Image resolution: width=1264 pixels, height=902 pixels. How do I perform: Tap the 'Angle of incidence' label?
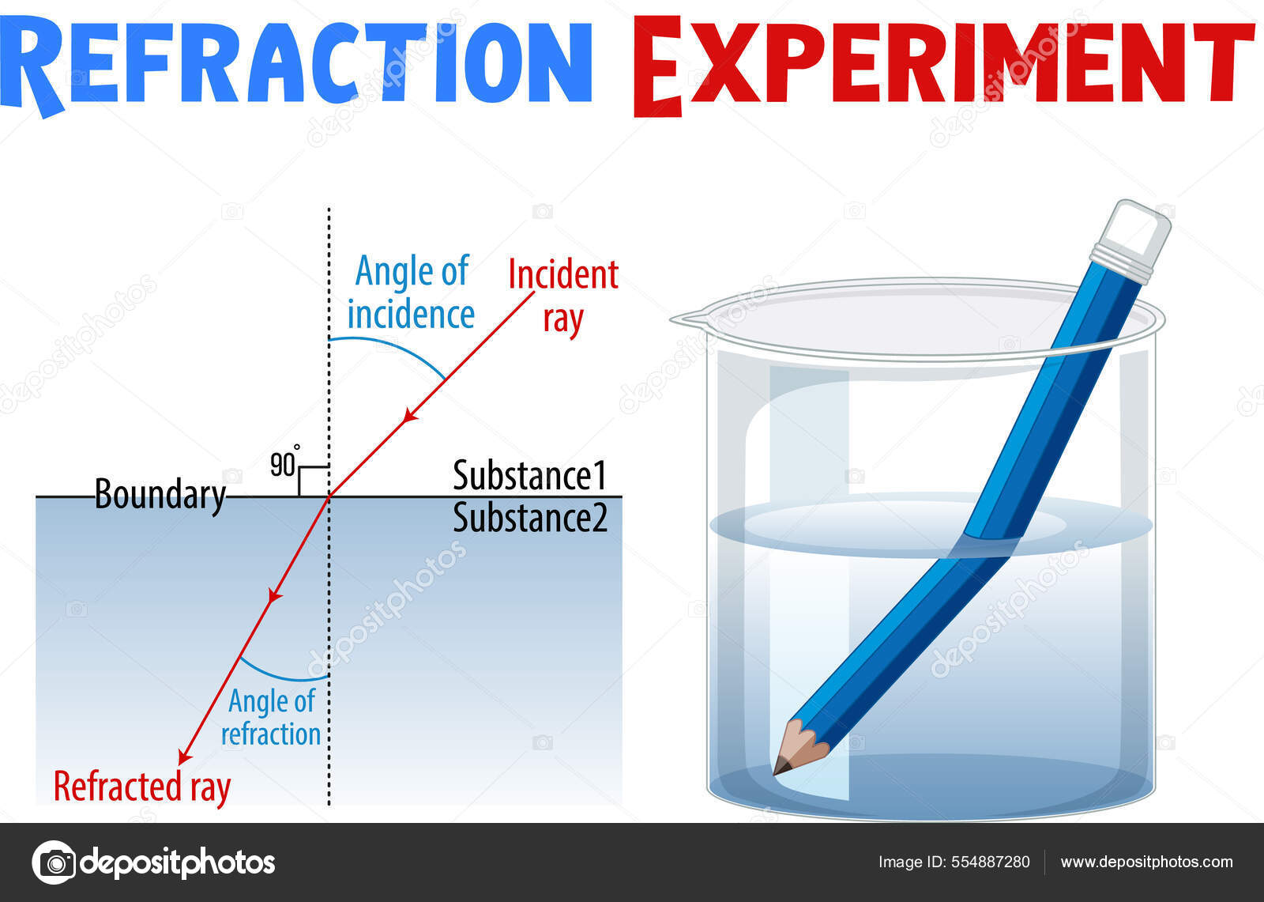pyautogui.click(x=411, y=292)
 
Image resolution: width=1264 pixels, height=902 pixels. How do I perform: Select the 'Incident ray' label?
pyautogui.click(x=562, y=296)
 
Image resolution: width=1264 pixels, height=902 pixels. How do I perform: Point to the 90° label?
pyautogui.click(x=284, y=463)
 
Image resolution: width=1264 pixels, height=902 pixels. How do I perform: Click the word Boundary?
pyautogui.click(x=160, y=496)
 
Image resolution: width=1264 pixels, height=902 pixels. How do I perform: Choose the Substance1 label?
pyautogui.click(x=529, y=476)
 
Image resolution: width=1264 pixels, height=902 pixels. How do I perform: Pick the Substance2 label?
pyautogui.click(x=529, y=519)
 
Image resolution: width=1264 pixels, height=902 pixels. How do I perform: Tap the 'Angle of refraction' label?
pyautogui.click(x=271, y=717)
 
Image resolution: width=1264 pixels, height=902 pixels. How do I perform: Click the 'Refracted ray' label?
pyautogui.click(x=142, y=787)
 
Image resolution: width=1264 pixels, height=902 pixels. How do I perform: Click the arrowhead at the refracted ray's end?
pyautogui.click(x=184, y=757)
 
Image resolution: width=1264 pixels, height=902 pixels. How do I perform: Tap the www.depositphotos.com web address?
pyautogui.click(x=1146, y=862)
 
